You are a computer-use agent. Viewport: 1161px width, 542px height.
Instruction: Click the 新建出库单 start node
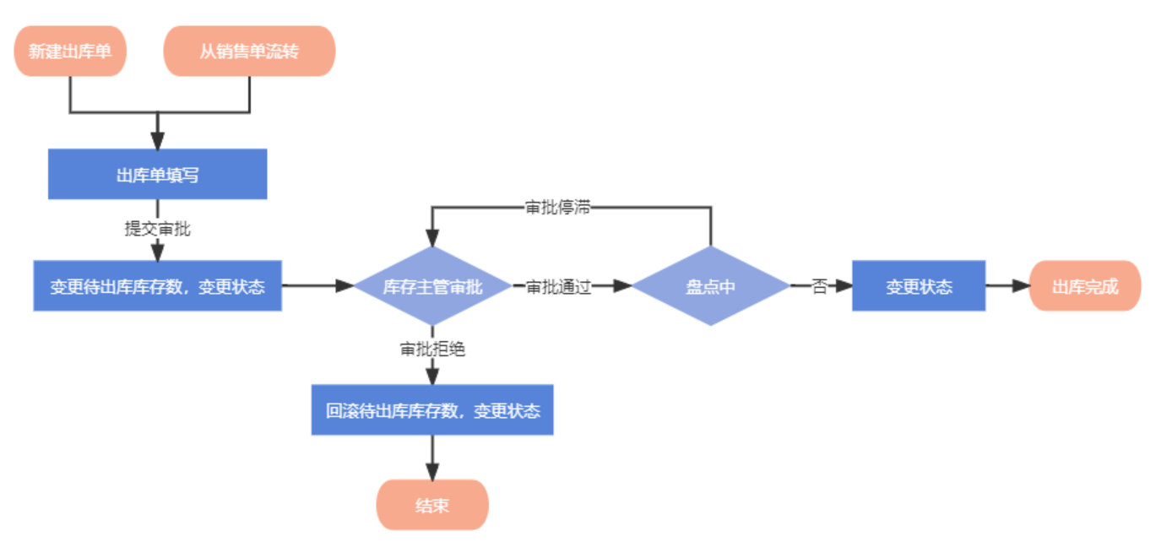[70, 51]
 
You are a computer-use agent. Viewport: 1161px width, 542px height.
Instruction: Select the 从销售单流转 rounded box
[249, 51]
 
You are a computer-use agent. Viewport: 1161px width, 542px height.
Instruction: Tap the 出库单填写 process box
[157, 175]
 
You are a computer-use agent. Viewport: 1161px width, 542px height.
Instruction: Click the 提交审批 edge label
[157, 229]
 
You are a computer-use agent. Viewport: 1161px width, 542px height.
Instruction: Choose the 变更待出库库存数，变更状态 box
[157, 286]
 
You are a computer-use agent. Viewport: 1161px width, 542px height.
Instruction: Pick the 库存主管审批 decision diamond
[432, 286]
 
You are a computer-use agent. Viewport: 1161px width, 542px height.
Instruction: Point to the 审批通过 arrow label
[558, 286]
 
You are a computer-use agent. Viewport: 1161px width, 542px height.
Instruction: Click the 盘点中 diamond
[710, 286]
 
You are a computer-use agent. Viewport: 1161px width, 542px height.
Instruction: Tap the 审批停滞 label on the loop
[557, 209]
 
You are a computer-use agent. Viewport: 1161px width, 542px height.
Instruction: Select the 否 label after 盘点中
[819, 286]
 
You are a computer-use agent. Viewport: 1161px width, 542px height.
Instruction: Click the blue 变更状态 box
[919, 286]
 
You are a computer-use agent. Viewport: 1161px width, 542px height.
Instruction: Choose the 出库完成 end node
[1085, 286]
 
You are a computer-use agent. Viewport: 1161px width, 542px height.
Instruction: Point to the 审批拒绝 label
[432, 349]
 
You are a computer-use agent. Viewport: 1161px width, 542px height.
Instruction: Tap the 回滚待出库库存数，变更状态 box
[432, 411]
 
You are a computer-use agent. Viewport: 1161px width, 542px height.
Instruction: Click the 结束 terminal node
[432, 506]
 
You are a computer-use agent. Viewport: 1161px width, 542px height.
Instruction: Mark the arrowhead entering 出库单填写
[157, 141]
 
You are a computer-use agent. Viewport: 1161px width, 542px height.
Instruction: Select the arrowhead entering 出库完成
[1021, 286]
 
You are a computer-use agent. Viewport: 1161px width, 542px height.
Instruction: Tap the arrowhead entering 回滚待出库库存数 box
[432, 377]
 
